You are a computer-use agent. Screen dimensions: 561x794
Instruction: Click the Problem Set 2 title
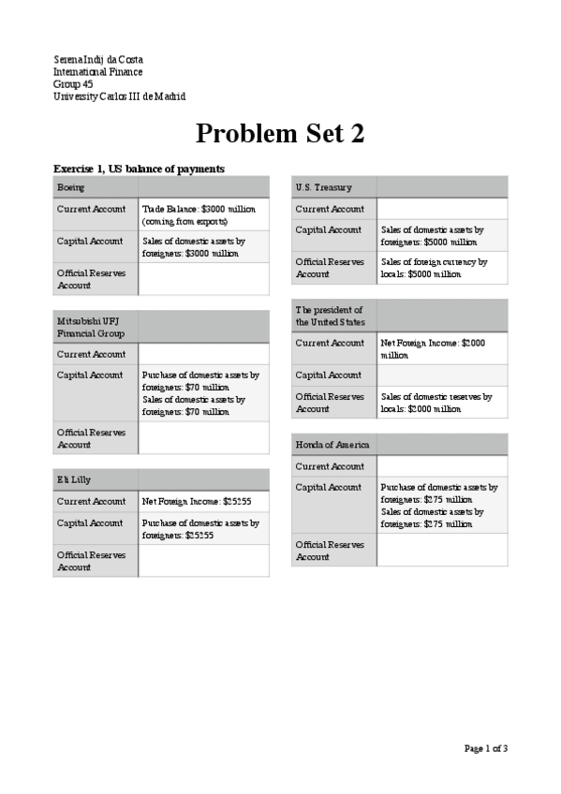280,134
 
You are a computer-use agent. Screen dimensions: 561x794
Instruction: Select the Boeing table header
71,187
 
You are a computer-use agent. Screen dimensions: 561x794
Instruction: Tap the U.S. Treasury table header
323,187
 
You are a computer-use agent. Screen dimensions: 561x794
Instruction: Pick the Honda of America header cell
332,444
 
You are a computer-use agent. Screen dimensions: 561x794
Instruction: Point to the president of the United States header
330,316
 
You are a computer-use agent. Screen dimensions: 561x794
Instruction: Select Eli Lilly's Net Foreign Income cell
197,501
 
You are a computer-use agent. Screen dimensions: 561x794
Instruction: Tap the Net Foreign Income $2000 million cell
433,348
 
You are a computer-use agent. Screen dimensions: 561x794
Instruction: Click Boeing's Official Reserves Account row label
89,278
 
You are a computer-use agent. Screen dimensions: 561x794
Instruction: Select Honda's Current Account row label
330,466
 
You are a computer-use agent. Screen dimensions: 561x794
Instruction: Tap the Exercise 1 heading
139,169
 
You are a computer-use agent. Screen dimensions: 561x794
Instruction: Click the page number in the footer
486,748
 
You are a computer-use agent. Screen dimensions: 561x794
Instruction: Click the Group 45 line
73,84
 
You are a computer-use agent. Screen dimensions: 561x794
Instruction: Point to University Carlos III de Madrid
119,96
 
